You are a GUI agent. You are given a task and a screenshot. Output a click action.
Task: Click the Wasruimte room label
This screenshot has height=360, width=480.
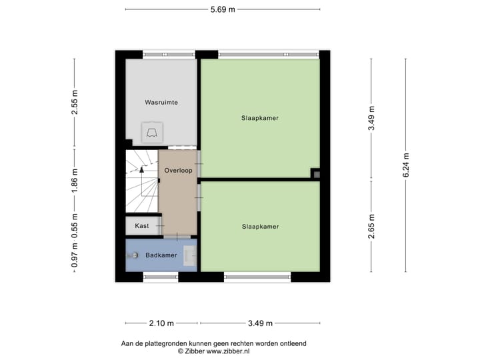tap(161, 103)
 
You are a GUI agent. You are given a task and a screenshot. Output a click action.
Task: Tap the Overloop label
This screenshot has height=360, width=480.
tap(178, 171)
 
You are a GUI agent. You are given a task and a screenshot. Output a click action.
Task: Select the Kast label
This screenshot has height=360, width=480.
tap(142, 226)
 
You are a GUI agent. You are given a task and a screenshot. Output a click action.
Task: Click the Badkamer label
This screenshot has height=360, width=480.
tap(161, 255)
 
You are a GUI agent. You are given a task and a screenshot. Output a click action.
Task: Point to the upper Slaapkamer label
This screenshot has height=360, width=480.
tap(260, 118)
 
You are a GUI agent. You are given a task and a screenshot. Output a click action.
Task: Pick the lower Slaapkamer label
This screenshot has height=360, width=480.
tap(260, 227)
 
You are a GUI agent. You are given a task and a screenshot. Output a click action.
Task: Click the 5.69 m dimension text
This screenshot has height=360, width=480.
tap(222, 9)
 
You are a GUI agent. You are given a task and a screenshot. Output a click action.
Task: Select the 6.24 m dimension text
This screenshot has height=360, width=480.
tap(407, 164)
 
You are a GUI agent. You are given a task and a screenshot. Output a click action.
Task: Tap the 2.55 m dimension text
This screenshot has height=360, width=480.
tap(75, 103)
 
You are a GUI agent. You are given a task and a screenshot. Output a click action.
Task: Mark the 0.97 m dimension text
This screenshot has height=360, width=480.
tap(75, 255)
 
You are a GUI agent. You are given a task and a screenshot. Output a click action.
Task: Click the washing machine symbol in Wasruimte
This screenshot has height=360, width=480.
tap(151, 132)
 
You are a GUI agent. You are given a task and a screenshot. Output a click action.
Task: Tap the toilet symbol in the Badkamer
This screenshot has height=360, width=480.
tap(135, 255)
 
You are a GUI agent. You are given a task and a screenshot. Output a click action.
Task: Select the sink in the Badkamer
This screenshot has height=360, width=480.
tap(191, 255)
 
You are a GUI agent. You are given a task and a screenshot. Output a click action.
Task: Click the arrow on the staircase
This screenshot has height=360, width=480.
tap(141, 171)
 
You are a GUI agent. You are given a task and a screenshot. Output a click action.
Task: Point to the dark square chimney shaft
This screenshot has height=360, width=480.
tap(317, 173)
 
